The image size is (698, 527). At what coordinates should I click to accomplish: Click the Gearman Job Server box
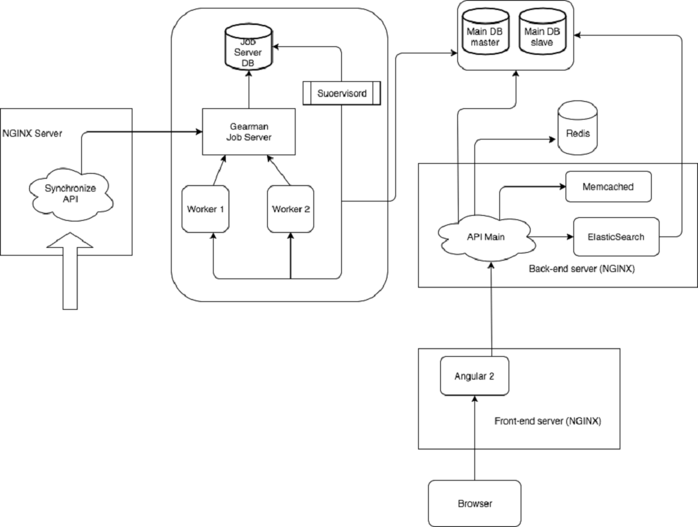point(249,131)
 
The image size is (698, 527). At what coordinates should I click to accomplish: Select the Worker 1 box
point(207,208)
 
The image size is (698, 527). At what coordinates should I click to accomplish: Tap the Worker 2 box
point(291,208)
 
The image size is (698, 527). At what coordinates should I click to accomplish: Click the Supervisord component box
point(341,93)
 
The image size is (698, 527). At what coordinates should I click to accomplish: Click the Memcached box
point(608,187)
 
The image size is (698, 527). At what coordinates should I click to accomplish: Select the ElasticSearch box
point(616,236)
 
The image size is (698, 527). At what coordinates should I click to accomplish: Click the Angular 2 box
point(474,375)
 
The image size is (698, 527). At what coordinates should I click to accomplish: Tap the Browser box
point(474,503)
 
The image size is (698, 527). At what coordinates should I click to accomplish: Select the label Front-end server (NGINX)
point(547,421)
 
